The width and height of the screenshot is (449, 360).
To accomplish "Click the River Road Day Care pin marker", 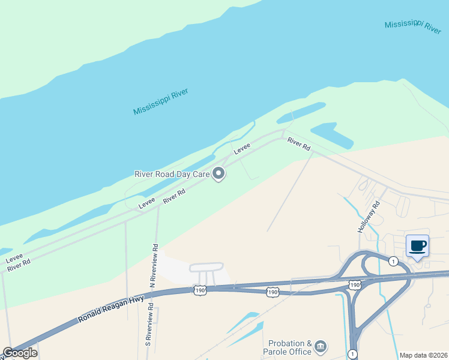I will [x=219, y=174].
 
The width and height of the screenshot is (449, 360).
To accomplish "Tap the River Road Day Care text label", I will [x=171, y=175].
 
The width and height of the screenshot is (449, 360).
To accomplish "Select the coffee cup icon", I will [x=418, y=246].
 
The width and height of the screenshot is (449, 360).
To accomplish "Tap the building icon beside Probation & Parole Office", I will [x=321, y=346].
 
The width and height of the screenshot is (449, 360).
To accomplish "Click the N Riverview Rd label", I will [x=155, y=263].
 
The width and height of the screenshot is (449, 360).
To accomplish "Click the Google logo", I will [x=20, y=353].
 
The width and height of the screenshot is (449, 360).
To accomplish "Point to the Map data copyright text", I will [x=424, y=355].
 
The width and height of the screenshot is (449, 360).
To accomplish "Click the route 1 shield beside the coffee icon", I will [x=393, y=261].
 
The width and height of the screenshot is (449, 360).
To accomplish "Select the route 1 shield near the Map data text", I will [x=352, y=354].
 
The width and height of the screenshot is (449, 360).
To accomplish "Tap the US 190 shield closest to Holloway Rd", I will [x=355, y=284].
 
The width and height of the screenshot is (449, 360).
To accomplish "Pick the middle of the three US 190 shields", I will [x=273, y=292].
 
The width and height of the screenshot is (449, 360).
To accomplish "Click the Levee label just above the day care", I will [x=242, y=148].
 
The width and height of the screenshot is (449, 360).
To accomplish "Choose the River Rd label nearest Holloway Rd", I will [x=298, y=144].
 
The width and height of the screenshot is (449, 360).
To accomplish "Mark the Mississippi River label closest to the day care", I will [x=161, y=102].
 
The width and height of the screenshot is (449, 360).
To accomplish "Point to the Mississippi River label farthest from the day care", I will [x=413, y=25].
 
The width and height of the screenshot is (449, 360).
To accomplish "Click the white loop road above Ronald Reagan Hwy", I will [x=206, y=267].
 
